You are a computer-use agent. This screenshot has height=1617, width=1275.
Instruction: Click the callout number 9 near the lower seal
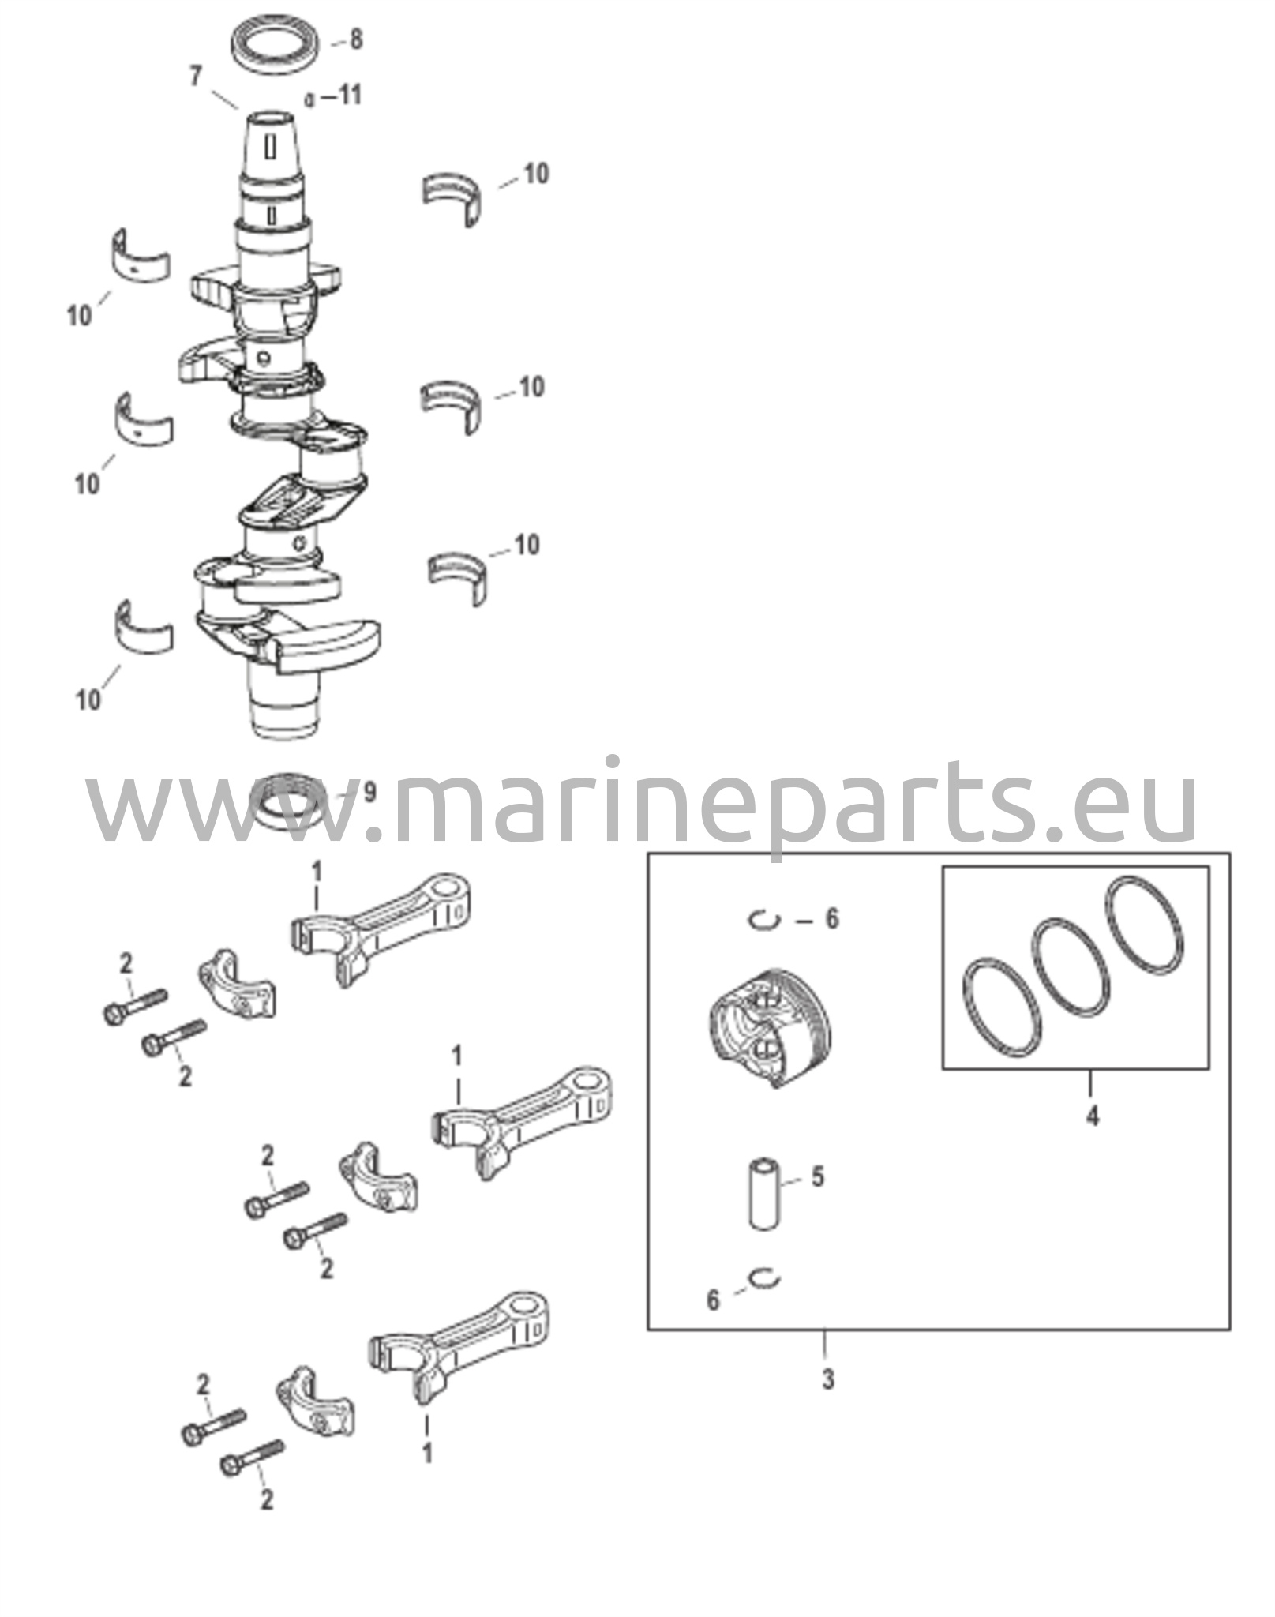click(x=369, y=792)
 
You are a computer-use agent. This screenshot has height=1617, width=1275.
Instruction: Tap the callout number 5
click(x=817, y=1199)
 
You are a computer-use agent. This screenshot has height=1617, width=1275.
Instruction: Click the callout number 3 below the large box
click(x=827, y=1379)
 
